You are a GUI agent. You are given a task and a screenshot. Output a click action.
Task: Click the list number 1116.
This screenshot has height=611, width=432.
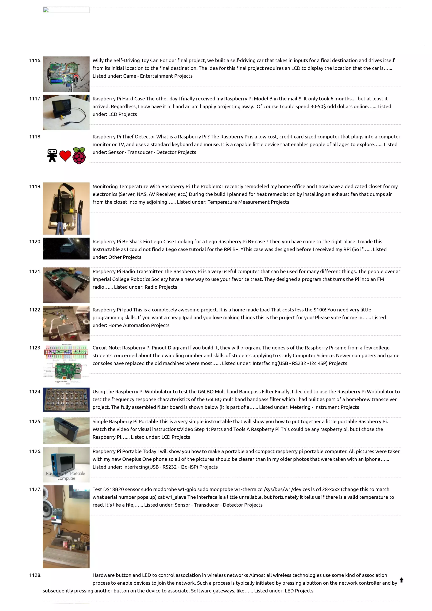35,61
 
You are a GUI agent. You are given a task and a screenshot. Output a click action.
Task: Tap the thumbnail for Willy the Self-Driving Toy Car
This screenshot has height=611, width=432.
66,74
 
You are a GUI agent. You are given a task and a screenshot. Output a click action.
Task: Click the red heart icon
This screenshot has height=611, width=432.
65,156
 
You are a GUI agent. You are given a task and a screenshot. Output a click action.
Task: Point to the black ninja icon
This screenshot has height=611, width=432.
52,155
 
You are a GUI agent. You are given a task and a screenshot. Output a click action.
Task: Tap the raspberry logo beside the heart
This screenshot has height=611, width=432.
79,156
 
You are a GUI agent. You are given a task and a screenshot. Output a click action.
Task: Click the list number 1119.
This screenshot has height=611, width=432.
35,186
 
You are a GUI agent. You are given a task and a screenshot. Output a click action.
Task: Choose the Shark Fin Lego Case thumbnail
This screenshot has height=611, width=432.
66,248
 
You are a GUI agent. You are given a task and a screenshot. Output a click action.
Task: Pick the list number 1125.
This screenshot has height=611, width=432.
35,421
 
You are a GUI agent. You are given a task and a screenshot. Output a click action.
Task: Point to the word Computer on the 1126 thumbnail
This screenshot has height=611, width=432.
66,478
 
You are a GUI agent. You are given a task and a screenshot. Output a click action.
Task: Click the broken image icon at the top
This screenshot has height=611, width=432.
46,10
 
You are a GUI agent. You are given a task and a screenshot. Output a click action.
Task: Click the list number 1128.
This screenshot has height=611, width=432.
35,575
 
